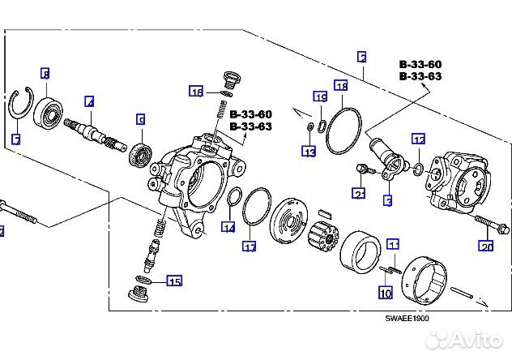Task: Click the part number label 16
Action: pos(197,92)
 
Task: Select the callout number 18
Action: pos(341,86)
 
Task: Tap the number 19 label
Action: pos(321,97)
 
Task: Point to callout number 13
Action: pos(309,151)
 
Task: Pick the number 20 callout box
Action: pos(486,246)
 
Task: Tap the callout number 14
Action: pos(229,228)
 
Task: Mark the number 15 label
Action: pos(174,281)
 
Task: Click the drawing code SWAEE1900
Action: pos(407,318)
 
